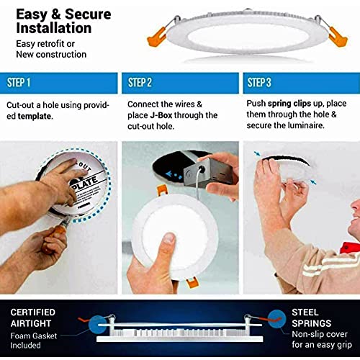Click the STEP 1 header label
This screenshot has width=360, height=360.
[x=24, y=82]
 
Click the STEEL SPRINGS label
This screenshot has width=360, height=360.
[x=310, y=316]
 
